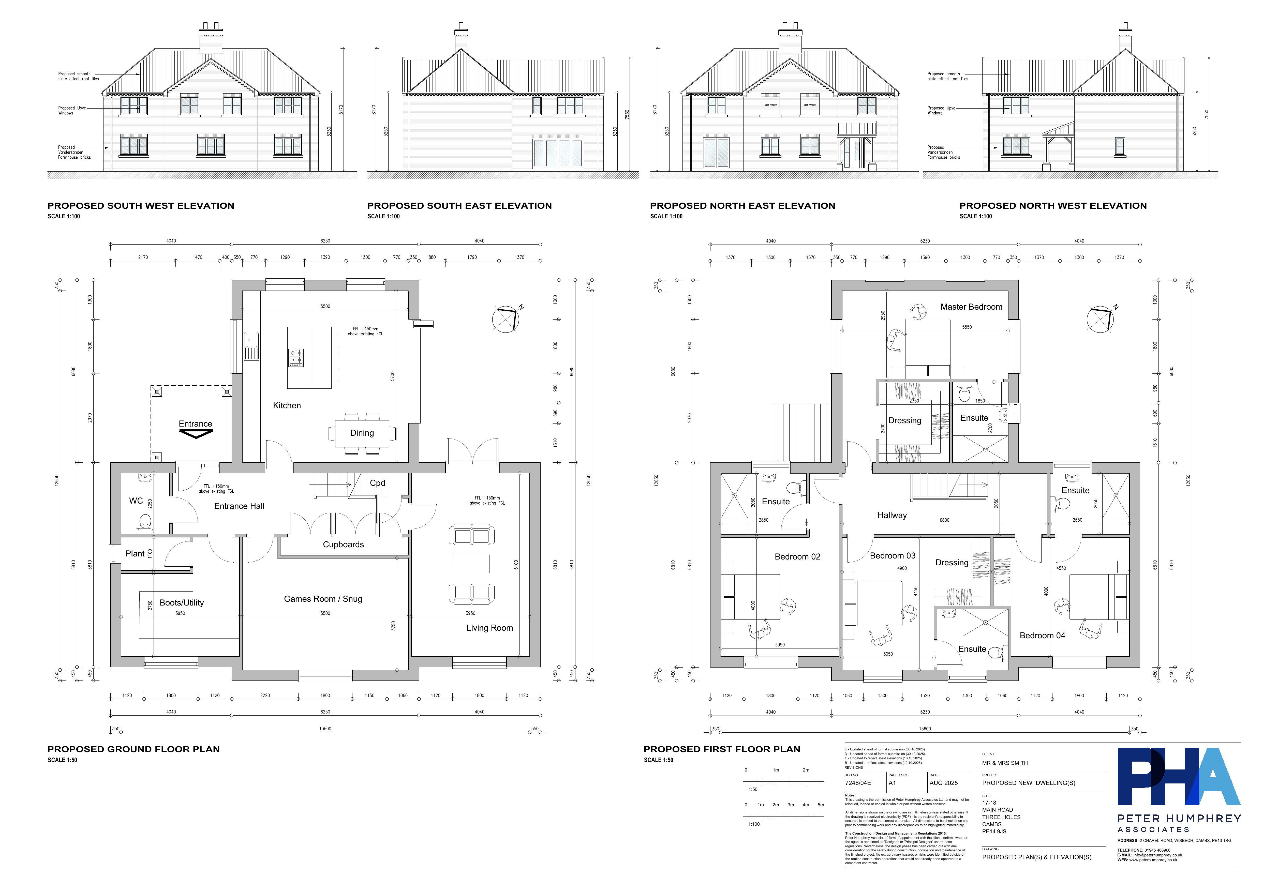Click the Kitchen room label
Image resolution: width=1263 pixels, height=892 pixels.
pyautogui.click(x=287, y=405)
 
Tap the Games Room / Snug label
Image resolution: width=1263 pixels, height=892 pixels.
pyautogui.click(x=323, y=599)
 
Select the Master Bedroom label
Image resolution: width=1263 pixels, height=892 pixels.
pyautogui.click(x=971, y=307)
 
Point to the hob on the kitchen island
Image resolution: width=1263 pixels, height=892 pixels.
pyautogui.click(x=296, y=357)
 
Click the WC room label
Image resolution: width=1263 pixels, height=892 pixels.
pyautogui.click(x=136, y=501)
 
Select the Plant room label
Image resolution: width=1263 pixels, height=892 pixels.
pyautogui.click(x=135, y=554)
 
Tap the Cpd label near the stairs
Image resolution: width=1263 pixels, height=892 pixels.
pyautogui.click(x=377, y=483)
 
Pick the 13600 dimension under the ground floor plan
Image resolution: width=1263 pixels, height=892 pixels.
pyautogui.click(x=325, y=729)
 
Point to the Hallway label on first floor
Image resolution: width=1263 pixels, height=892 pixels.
pyautogui.click(x=892, y=515)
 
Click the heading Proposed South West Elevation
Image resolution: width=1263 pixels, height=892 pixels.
pyautogui.click(x=141, y=206)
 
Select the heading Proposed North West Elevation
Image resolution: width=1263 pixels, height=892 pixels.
pyautogui.click(x=1053, y=206)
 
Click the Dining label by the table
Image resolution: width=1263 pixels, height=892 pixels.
pyautogui.click(x=362, y=433)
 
